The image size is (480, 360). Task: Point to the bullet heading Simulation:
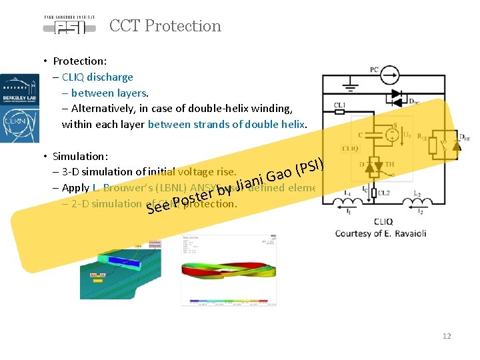81,156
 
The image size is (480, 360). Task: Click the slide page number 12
447,336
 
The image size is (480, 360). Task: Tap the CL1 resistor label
339,105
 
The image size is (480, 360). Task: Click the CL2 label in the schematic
384,192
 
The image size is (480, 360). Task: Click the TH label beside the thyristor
389,164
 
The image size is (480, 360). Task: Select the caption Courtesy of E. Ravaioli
380,233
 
